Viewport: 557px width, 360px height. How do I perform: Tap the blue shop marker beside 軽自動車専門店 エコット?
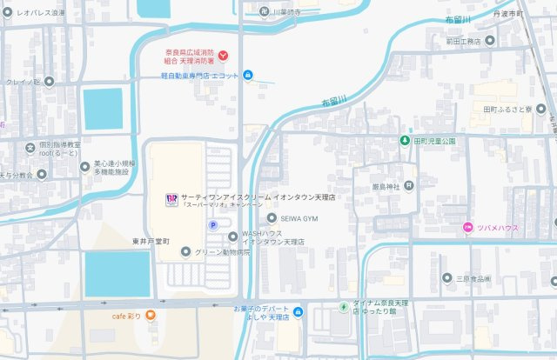248,76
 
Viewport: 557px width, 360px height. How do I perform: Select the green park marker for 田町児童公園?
405,140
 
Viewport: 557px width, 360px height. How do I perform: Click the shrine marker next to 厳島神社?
409,185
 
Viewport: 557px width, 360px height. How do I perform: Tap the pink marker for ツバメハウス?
467,228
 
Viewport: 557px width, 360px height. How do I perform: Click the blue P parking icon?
211,224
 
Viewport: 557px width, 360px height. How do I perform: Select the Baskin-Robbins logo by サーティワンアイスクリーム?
171,198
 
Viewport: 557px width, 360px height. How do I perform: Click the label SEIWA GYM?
300,218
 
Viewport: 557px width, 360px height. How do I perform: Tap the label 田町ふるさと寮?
513,110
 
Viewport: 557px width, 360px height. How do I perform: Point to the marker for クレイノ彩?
49,82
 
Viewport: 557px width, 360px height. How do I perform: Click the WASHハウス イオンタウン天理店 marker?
232,237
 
